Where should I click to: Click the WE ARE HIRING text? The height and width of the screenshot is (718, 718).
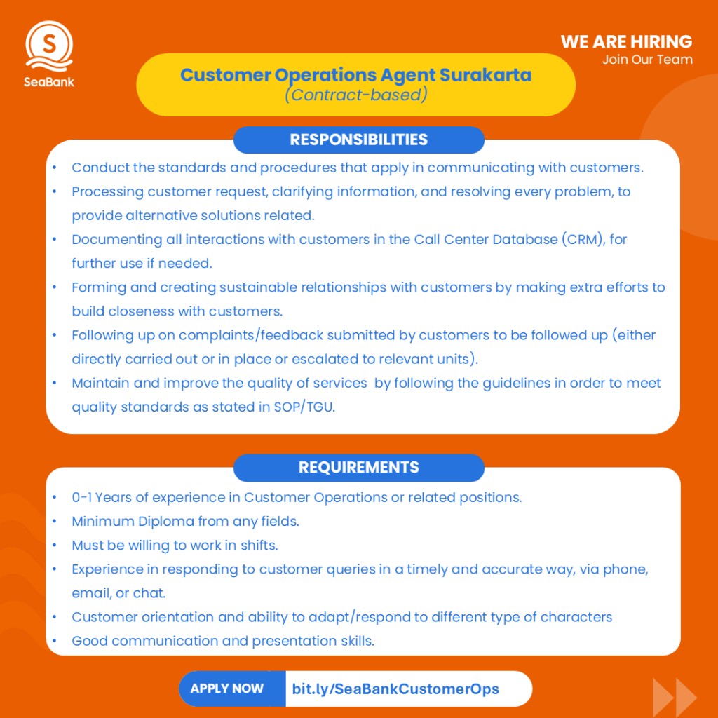pos(626,41)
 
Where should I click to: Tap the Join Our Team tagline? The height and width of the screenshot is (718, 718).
pos(646,60)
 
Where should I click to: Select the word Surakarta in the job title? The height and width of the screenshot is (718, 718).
pos(485,74)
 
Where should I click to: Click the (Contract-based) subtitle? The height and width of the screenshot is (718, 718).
pos(355,95)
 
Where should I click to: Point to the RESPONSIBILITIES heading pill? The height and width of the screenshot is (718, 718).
pos(358,140)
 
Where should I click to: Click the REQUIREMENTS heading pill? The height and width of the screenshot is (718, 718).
pos(358,468)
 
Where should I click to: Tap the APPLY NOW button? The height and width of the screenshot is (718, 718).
pos(226,689)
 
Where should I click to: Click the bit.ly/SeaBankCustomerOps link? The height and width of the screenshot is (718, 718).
pos(395,689)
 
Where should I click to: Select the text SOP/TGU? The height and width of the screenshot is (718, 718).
pos(304,407)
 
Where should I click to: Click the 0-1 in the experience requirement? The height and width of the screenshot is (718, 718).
pos(81,498)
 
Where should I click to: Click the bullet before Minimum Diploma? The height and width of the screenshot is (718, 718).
pos(55,522)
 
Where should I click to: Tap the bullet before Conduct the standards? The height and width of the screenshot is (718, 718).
pos(55,168)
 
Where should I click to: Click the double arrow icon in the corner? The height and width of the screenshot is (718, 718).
pos(674,696)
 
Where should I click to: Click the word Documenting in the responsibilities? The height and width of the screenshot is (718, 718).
pos(107,240)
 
